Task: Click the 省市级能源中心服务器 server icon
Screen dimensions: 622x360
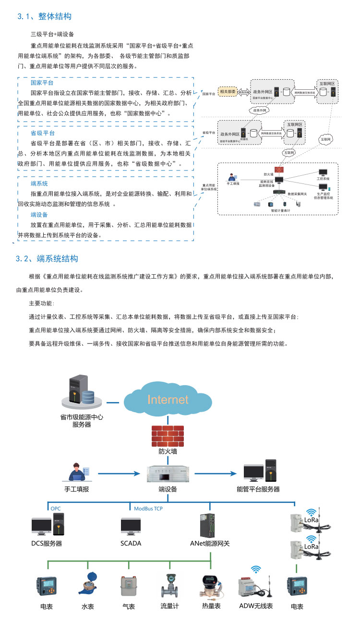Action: pos(80,390)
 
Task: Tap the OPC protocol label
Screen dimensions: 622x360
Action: pos(56,508)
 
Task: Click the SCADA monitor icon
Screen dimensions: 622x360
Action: pos(131,527)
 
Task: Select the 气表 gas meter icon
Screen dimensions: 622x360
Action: pos(128,586)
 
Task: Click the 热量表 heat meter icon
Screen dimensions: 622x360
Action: pos(210,586)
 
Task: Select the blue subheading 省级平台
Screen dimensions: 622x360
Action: pos(42,133)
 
